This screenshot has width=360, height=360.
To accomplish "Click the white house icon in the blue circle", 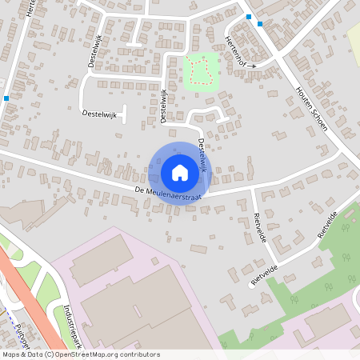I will click(180, 173).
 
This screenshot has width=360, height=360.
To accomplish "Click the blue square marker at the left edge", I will click(6, 98).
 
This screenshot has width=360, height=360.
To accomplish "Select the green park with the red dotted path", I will click(201, 72).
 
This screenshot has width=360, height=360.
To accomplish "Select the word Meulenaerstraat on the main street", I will click(178, 194).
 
